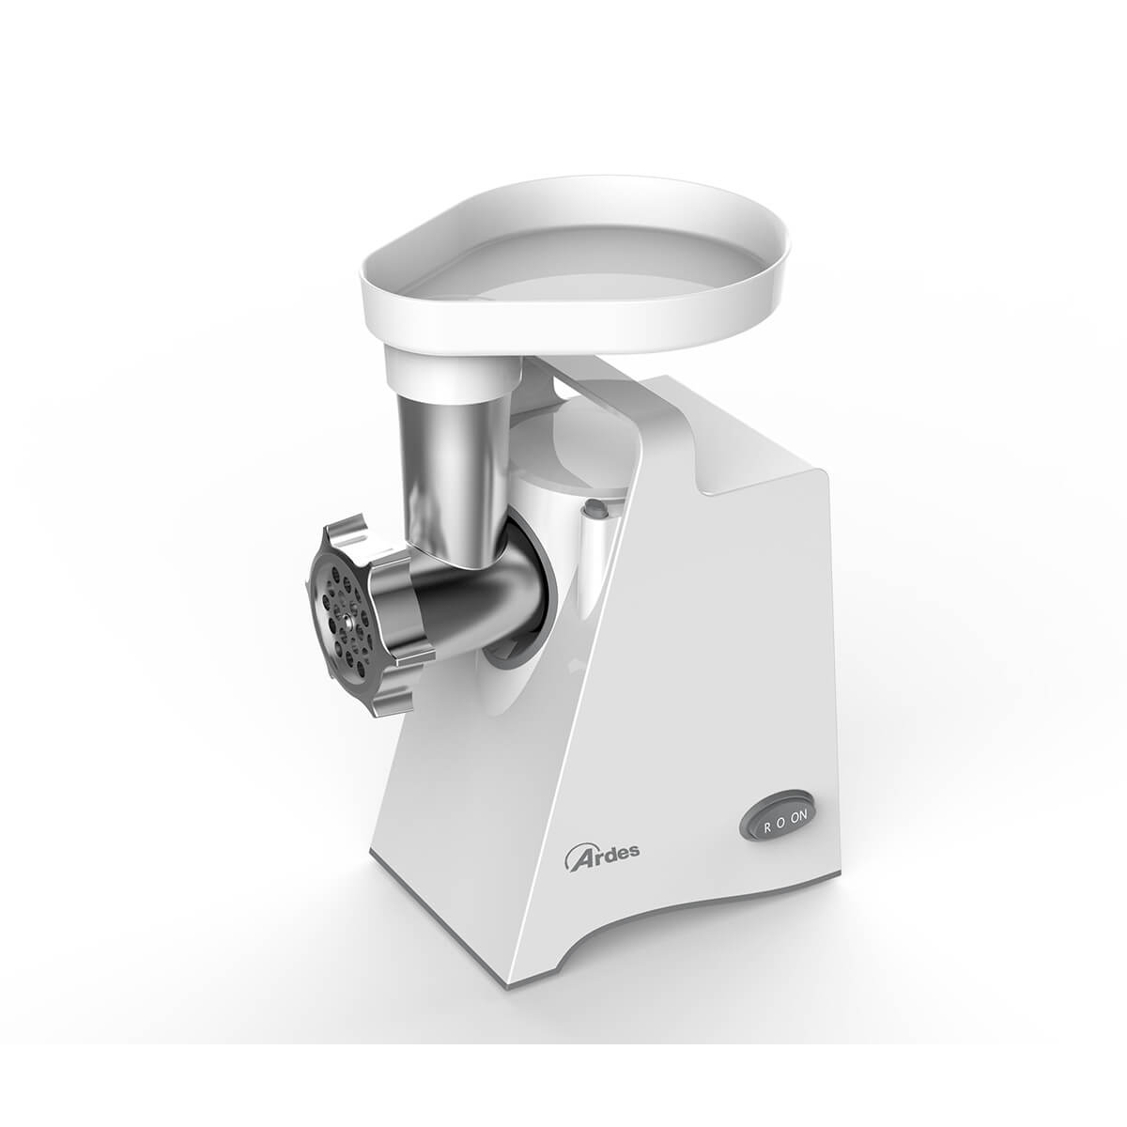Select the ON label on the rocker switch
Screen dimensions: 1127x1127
(x=798, y=814)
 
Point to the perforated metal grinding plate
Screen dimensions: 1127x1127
(x=342, y=614)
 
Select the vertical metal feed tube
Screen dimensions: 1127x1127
(x=450, y=463)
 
